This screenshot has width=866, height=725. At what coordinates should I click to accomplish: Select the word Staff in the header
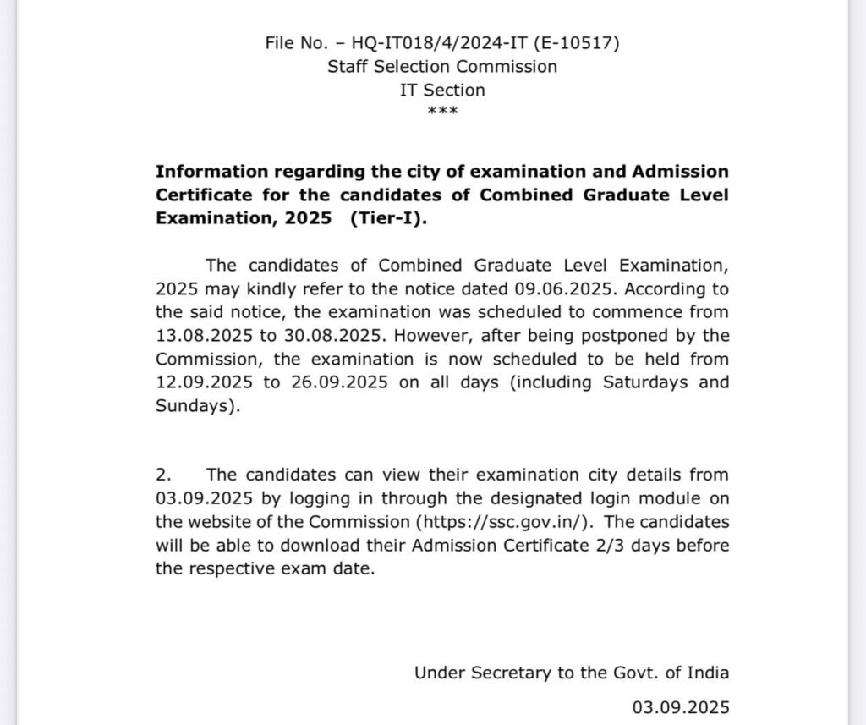coord(348,66)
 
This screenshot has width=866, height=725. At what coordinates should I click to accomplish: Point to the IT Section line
coord(442,90)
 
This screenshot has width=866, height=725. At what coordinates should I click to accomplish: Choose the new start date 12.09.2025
coord(204,382)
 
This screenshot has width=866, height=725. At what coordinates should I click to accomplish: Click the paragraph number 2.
coord(163,475)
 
